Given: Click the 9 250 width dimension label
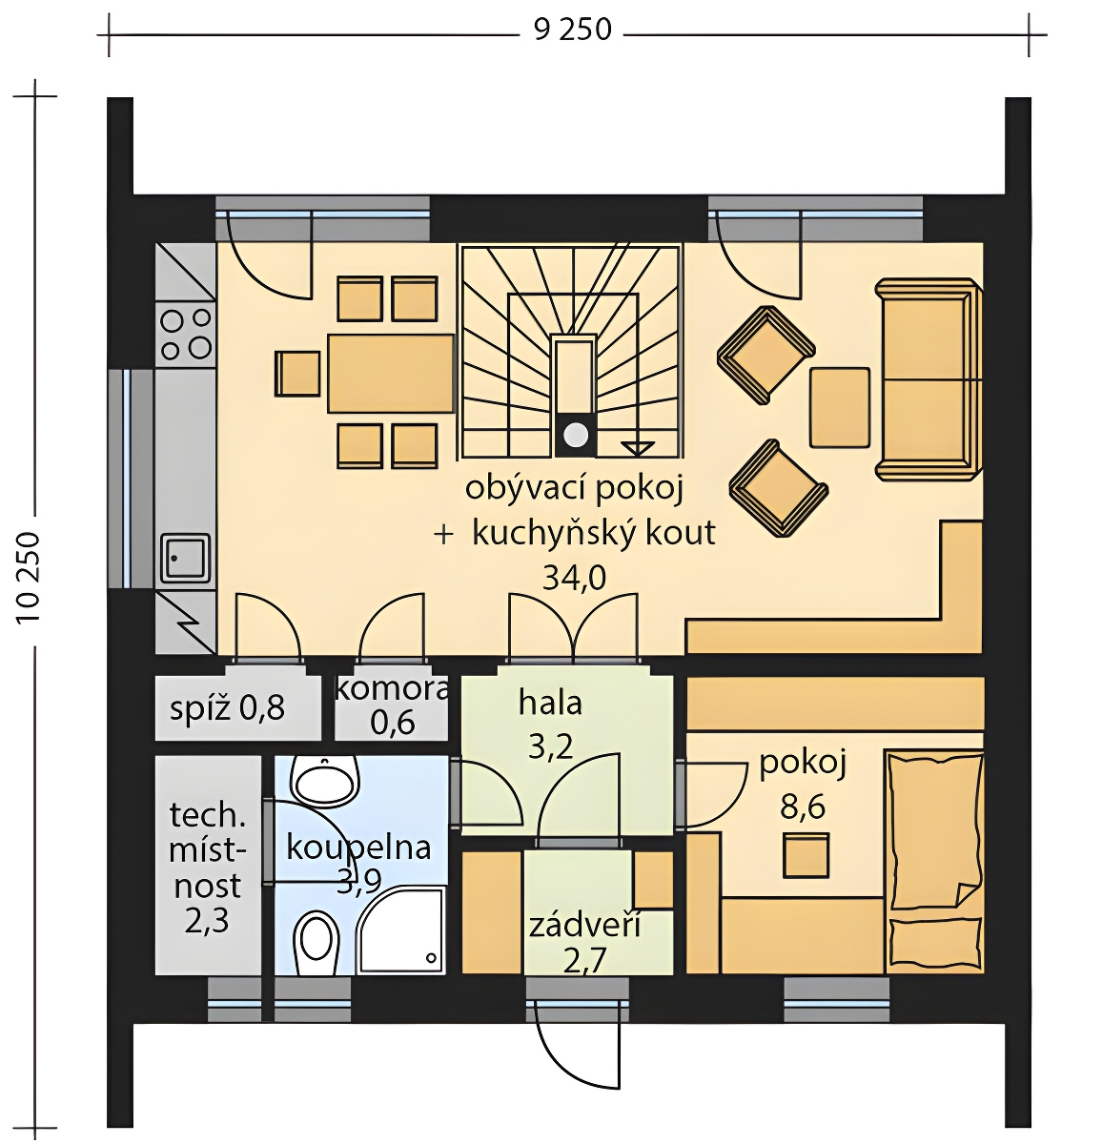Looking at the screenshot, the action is [x=573, y=30].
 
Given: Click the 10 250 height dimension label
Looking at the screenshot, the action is [x=28, y=578].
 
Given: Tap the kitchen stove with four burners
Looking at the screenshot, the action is [x=186, y=334].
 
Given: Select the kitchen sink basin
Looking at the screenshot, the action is [x=186, y=558].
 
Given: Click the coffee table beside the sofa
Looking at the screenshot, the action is [x=839, y=407].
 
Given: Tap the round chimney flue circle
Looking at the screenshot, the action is [x=576, y=435].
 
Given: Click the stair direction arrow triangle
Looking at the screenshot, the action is [x=638, y=448].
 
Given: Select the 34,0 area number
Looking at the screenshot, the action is [x=574, y=579].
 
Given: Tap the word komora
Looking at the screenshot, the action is [x=392, y=689].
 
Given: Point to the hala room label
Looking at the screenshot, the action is [x=550, y=704].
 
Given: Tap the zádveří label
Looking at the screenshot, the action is [x=584, y=926].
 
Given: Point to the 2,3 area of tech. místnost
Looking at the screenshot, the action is [x=206, y=922].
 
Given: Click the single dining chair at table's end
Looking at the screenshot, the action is [x=297, y=374].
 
